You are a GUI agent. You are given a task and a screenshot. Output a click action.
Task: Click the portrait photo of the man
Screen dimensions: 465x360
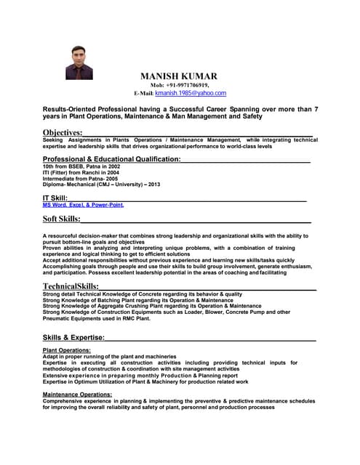click(79, 62)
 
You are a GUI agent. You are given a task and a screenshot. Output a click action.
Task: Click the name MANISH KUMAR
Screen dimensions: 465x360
click(178, 76)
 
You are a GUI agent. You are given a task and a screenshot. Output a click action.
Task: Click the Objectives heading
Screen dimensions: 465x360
click(63, 132)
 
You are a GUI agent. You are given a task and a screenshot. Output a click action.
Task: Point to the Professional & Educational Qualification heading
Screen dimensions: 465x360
click(111, 158)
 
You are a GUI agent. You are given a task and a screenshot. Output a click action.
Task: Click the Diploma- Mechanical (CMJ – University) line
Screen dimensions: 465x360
click(101, 185)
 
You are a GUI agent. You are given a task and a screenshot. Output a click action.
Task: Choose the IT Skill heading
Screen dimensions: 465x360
click(55, 198)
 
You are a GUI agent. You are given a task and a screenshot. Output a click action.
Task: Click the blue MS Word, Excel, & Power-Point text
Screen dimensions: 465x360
click(83, 205)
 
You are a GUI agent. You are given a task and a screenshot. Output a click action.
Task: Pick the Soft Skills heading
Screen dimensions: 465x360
click(61, 218)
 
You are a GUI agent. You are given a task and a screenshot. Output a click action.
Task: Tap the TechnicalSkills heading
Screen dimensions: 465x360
click(71, 286)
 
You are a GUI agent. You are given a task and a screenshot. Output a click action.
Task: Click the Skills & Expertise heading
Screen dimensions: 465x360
click(73, 337)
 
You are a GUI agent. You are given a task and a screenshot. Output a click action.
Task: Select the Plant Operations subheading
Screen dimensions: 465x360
click(68, 351)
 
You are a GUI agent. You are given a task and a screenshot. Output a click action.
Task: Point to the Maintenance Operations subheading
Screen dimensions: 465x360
click(77, 394)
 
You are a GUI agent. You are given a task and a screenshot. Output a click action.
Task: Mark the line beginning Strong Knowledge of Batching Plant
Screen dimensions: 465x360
click(138, 300)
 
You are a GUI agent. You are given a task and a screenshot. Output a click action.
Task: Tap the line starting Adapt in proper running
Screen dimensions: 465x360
click(109, 357)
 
